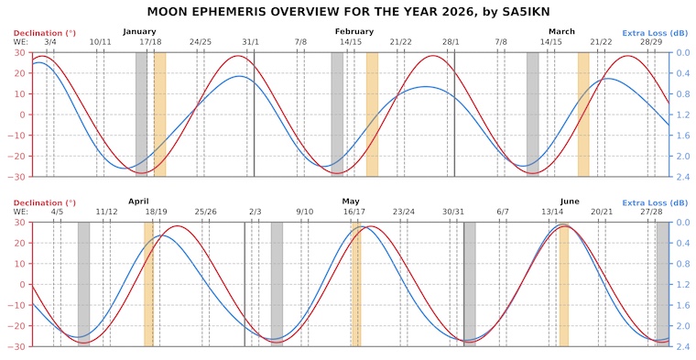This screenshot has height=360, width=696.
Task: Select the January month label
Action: pos(139,32)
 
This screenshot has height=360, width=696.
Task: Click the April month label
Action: pos(138,202)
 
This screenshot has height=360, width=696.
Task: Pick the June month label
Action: pos(569,202)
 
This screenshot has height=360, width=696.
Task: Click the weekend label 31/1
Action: pos(250,42)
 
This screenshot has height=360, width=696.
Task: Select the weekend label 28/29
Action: pos(652,42)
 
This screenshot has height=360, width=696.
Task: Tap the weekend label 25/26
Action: pos(205,212)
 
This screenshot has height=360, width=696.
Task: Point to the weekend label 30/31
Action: pos(453,212)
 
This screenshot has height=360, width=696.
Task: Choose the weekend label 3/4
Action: pos(49,42)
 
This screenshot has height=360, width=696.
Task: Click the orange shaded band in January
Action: pos(159,114)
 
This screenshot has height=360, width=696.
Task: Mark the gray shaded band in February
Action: pos(337,114)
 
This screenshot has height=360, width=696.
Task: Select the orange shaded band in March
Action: pos(583,114)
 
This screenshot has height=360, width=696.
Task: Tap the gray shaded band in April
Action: pos(83,284)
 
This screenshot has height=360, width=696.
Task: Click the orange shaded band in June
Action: pos(563,284)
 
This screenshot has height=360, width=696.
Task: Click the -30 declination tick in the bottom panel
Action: pos(18,346)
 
